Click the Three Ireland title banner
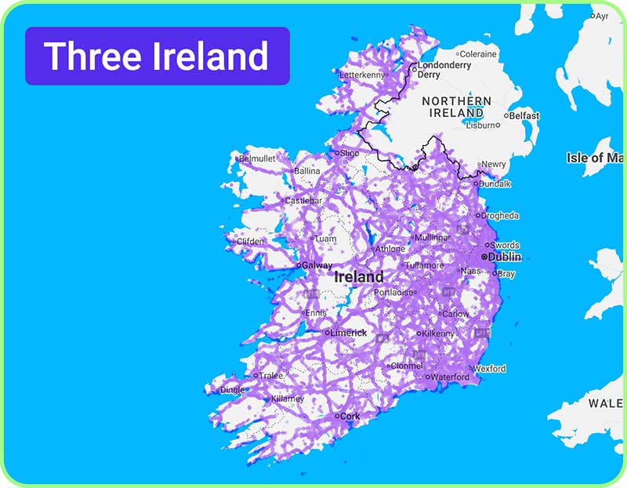(x=157, y=56)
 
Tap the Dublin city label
(x=504, y=257)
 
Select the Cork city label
(x=349, y=417)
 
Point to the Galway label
(x=317, y=265)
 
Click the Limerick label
(x=349, y=333)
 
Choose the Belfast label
(x=524, y=115)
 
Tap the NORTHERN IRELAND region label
(x=457, y=107)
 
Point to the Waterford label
(x=450, y=377)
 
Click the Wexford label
(x=490, y=368)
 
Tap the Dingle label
(x=232, y=389)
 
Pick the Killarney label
(x=286, y=399)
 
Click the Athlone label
(x=390, y=249)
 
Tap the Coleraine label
(x=478, y=54)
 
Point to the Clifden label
(x=251, y=242)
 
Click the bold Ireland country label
(x=359, y=277)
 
